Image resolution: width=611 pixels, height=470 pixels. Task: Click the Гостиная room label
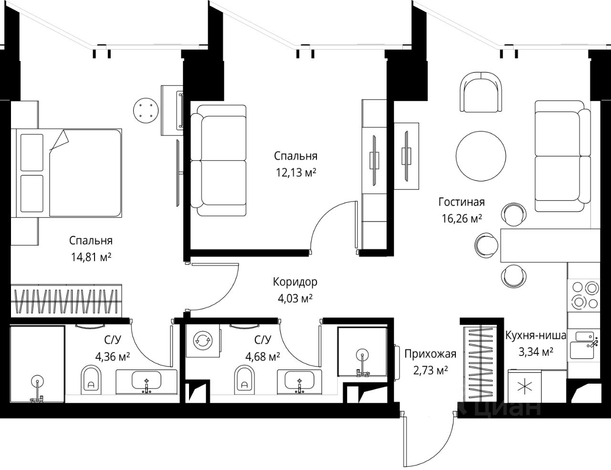click(x=462, y=202)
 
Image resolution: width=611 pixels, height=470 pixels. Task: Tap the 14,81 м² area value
click(x=91, y=257)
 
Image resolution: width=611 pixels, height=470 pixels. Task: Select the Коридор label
click(x=295, y=282)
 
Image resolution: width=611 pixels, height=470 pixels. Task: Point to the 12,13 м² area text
click(x=296, y=173)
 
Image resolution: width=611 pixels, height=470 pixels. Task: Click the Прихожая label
click(x=430, y=354)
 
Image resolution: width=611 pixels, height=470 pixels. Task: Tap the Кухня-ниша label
click(x=536, y=335)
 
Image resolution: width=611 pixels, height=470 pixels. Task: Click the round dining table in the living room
click(x=481, y=156)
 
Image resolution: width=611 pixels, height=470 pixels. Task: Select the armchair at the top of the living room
click(x=481, y=92)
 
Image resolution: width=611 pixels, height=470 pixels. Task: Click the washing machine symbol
click(x=203, y=341)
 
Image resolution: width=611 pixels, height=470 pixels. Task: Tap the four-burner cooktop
click(x=584, y=295)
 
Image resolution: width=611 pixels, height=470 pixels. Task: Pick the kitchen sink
click(x=584, y=345)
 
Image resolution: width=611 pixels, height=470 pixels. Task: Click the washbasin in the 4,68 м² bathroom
click(x=299, y=381)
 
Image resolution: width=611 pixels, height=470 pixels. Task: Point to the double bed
click(x=69, y=173)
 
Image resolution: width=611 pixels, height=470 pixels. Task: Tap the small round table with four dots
click(x=146, y=110)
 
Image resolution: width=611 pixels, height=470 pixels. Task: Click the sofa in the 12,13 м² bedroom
click(x=218, y=160)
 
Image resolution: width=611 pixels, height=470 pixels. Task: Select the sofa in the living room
click(x=563, y=156)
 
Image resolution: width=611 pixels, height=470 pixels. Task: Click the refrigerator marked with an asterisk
click(x=525, y=387)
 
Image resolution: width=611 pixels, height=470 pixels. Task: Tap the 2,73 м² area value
click(x=431, y=371)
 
